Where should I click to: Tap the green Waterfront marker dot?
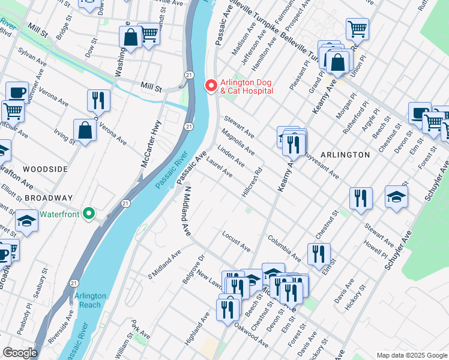89,213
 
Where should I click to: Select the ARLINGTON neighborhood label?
345,155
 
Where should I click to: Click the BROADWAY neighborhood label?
49,198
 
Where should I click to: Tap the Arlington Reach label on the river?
91,300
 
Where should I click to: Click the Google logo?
20,353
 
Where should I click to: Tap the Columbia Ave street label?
284,247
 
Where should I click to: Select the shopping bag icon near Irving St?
85,130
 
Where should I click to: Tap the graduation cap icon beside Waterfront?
26,221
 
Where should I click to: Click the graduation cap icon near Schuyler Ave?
396,196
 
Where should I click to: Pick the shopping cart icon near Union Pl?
357,28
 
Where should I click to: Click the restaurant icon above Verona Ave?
98,99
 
